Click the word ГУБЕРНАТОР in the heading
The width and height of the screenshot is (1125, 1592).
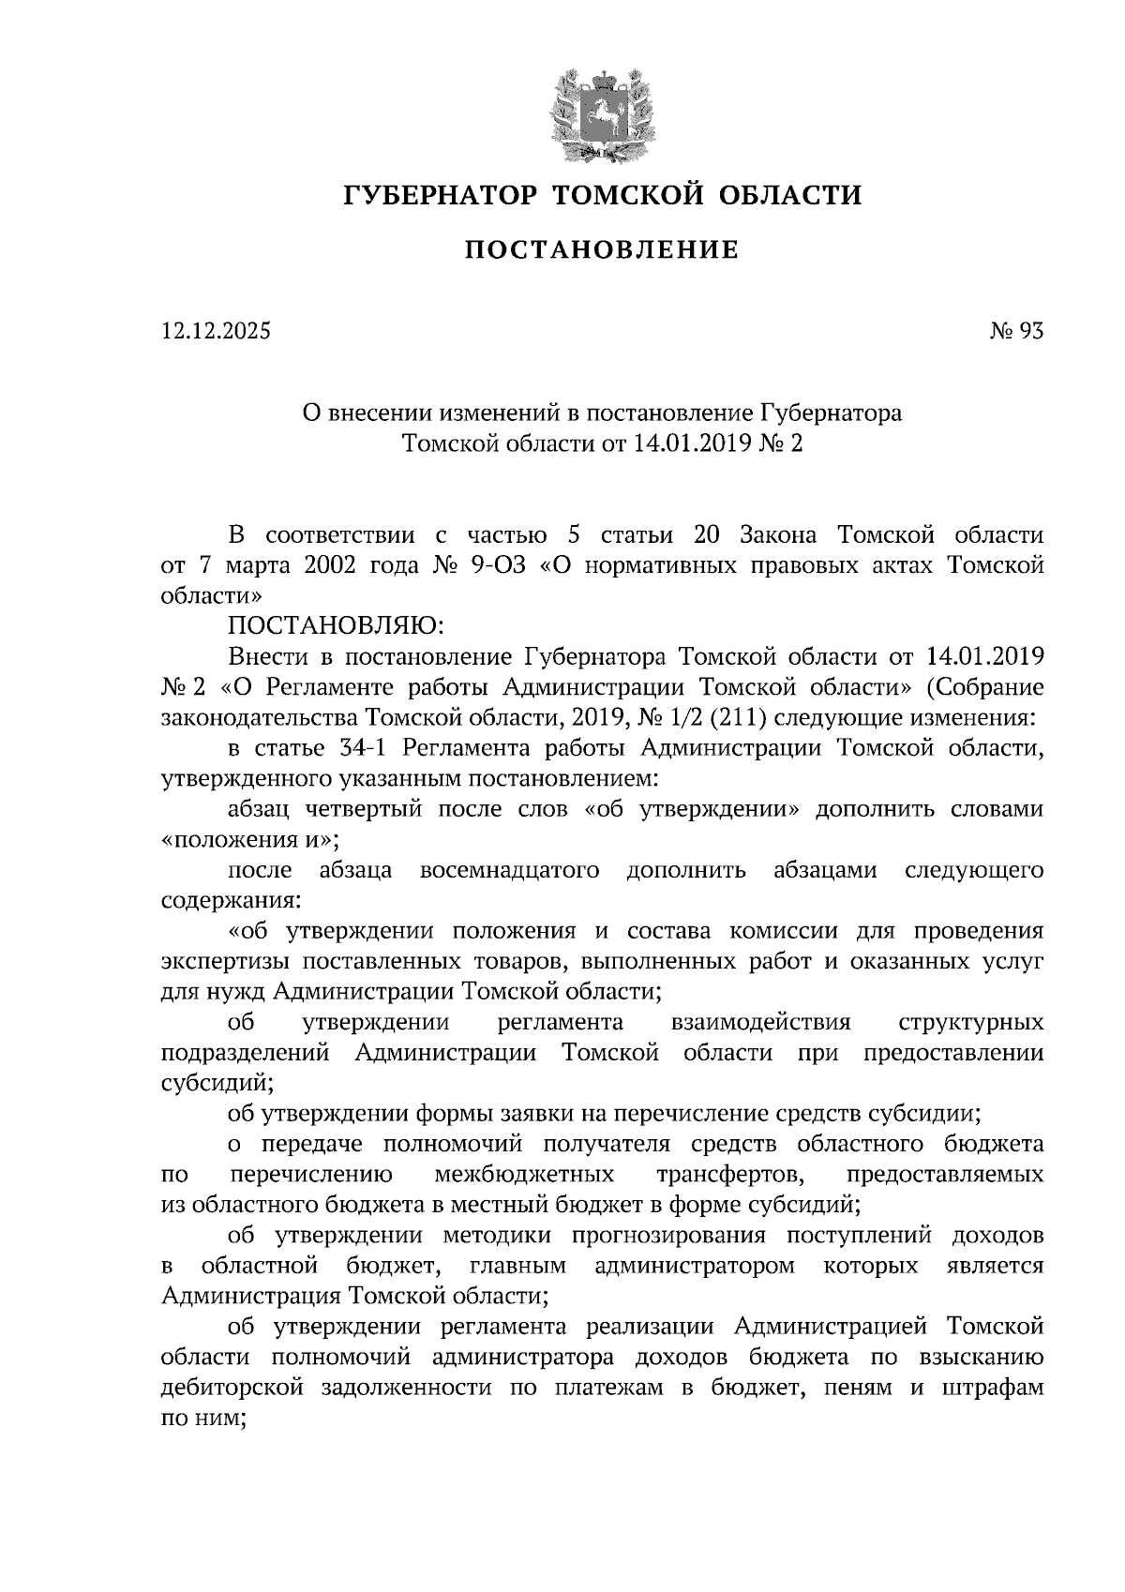tap(441, 195)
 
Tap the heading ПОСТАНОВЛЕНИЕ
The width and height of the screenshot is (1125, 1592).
tap(603, 249)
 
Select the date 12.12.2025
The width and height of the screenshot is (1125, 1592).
tap(215, 331)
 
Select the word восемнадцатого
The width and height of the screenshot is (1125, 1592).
tap(510, 870)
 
